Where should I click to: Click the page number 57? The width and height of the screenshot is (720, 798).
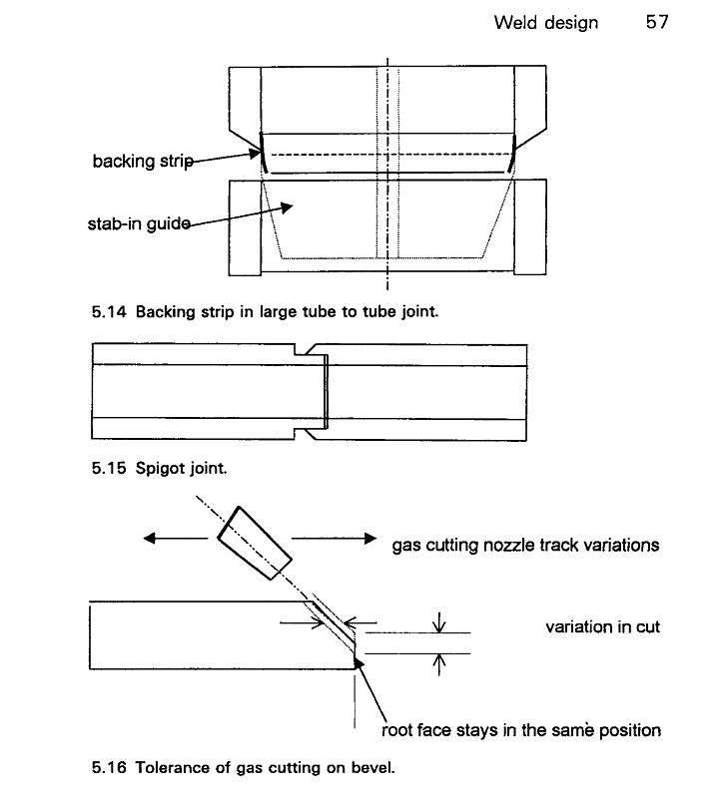pyautogui.click(x=657, y=22)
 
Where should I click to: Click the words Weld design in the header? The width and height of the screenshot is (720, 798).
pyautogui.click(x=545, y=22)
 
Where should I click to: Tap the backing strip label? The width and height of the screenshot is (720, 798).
pyautogui.click(x=143, y=161)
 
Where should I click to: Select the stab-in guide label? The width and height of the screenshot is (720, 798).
pyautogui.click(x=139, y=223)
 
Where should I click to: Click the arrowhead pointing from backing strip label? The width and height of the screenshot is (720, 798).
pyautogui.click(x=255, y=153)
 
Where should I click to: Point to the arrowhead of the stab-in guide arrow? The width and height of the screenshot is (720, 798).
pyautogui.click(x=287, y=207)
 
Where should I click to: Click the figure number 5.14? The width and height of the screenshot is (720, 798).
pyautogui.click(x=109, y=311)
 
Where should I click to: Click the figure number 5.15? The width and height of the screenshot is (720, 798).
pyautogui.click(x=109, y=468)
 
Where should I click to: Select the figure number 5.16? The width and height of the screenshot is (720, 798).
pyautogui.click(x=109, y=767)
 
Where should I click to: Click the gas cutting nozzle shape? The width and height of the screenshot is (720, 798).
pyautogui.click(x=255, y=543)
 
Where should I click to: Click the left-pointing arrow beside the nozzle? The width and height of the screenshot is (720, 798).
pyautogui.click(x=176, y=538)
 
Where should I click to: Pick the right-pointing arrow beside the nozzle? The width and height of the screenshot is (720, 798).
pyautogui.click(x=334, y=538)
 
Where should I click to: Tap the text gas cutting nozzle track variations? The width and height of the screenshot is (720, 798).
pyautogui.click(x=525, y=545)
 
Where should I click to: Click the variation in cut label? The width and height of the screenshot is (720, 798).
pyautogui.click(x=602, y=626)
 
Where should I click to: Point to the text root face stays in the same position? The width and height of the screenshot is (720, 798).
pyautogui.click(x=521, y=730)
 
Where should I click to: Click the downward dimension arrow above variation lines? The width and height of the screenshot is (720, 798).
pyautogui.click(x=438, y=621)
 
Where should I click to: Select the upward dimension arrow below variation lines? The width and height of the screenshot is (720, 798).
pyautogui.click(x=438, y=664)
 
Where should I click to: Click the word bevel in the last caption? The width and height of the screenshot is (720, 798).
pyautogui.click(x=376, y=767)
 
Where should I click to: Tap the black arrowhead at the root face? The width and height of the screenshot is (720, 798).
pyautogui.click(x=359, y=662)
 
